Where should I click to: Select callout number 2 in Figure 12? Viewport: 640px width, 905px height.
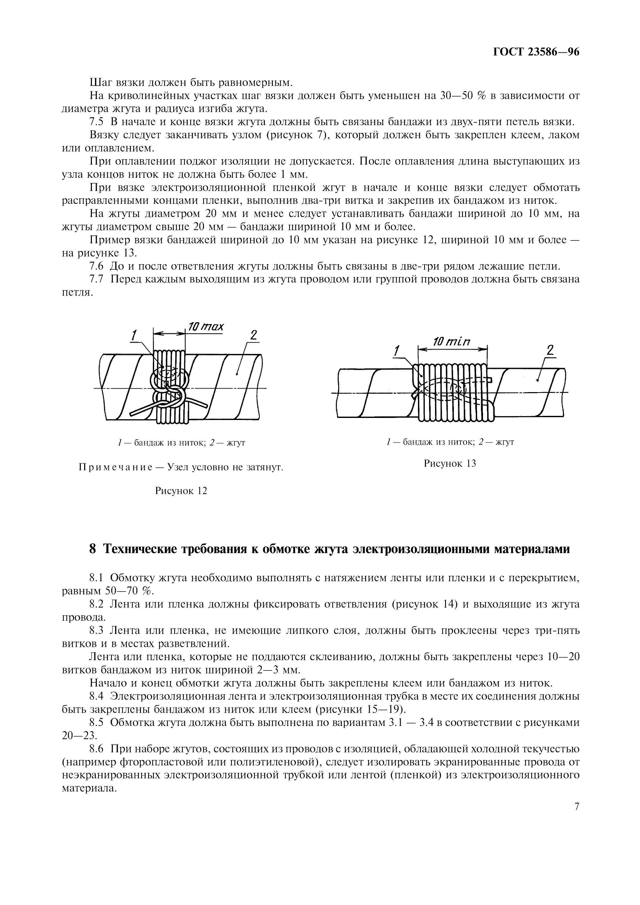[254, 335]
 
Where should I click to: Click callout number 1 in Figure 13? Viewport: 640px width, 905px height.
[397, 350]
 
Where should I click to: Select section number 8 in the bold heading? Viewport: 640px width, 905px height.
[93, 549]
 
